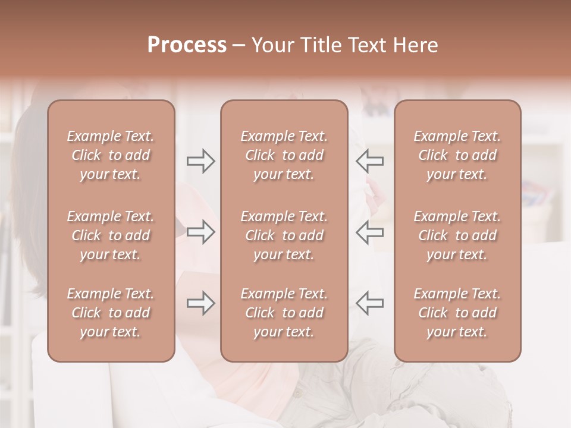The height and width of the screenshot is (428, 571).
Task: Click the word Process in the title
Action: click(187, 45)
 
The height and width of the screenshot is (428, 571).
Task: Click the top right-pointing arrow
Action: click(200, 161)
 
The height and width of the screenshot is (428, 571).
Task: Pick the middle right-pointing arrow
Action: click(200, 232)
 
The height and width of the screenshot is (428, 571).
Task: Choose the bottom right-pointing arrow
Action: click(200, 303)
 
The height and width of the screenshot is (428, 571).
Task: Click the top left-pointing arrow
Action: click(369, 161)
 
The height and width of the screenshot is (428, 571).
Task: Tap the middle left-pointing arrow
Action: click(369, 232)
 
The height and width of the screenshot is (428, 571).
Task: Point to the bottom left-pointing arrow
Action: click(369, 303)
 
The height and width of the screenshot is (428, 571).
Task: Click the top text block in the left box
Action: click(111, 155)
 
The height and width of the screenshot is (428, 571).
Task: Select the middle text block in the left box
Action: click(111, 235)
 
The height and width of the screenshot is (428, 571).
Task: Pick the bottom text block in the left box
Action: click(111, 313)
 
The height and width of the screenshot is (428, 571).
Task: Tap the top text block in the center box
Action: click(284, 155)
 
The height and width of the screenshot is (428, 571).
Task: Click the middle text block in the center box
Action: click(284, 235)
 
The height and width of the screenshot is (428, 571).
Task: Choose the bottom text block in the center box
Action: click(284, 313)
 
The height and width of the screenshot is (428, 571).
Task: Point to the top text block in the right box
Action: click(457, 155)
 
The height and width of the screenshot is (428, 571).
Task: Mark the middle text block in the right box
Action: click(457, 235)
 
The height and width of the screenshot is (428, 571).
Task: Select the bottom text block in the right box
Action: click(457, 313)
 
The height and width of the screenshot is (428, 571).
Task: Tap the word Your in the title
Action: click(271, 45)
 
